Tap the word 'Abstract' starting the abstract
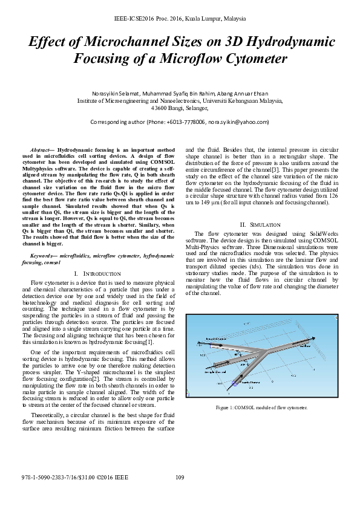pos(41,149)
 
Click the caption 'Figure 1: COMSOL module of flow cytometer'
pos(261,407)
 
